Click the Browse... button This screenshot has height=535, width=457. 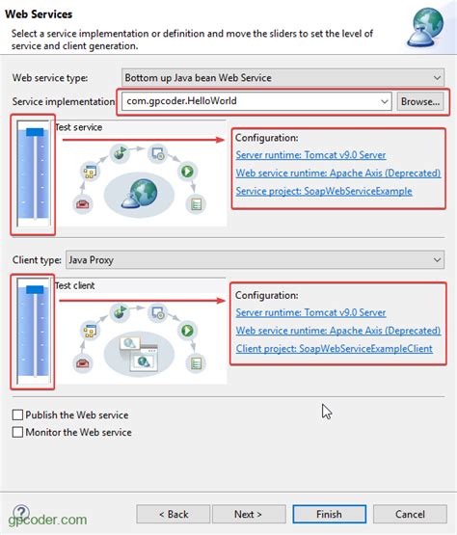click(420, 101)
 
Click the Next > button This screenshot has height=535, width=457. click(248, 514)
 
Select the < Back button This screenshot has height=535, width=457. click(174, 514)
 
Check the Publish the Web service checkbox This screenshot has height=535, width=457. click(18, 415)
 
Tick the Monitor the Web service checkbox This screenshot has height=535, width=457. click(18, 433)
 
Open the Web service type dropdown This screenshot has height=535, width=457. click(282, 76)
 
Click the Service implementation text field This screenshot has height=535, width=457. click(255, 101)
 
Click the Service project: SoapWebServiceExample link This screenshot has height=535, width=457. click(324, 191)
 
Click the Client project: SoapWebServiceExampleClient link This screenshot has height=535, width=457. click(334, 349)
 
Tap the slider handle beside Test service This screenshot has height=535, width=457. click(36, 131)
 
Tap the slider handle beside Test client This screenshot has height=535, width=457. click(36, 289)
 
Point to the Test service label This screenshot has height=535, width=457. click(78, 127)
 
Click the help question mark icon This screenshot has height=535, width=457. click(20, 513)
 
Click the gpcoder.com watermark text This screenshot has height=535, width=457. click(47, 522)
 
